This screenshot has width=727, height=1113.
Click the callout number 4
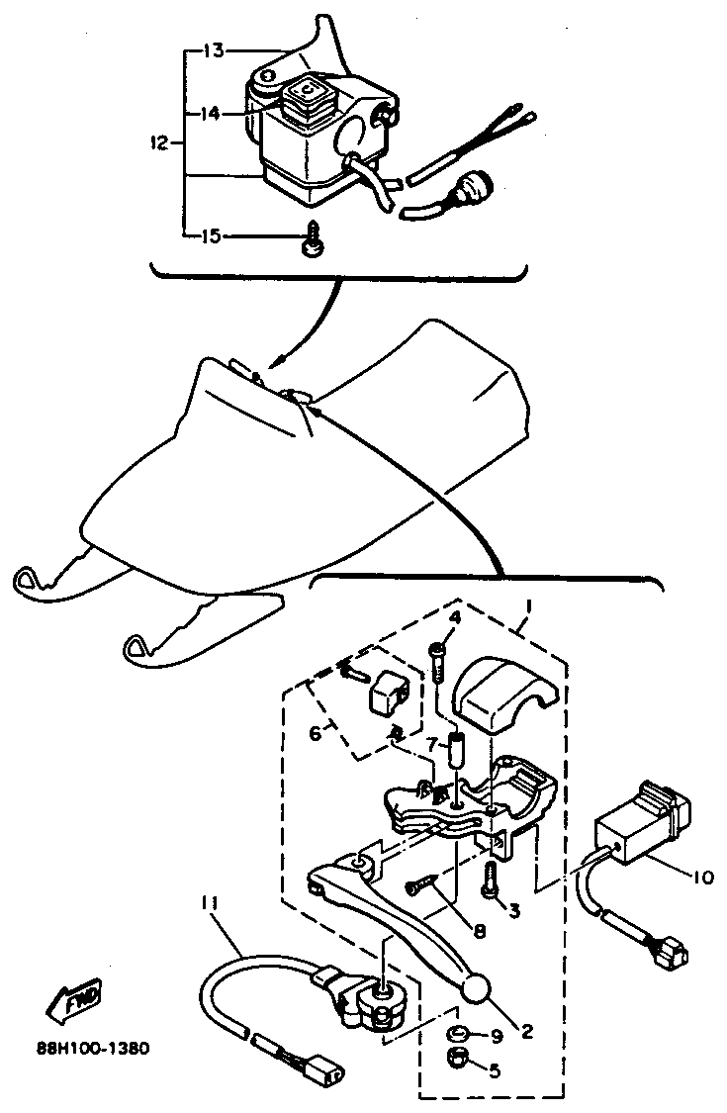(x=456, y=618)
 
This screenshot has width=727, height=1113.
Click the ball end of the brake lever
(x=478, y=988)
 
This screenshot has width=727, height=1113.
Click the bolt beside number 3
(x=489, y=880)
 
